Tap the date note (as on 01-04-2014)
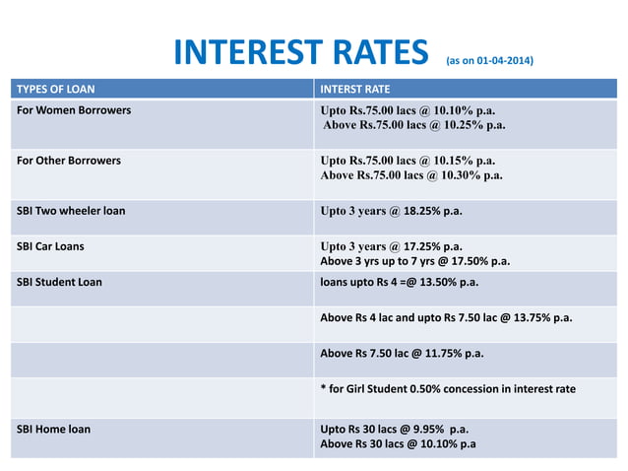(x=490, y=61)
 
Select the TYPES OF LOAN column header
(x=55, y=88)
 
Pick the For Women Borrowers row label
(x=74, y=109)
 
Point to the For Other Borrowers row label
(x=71, y=159)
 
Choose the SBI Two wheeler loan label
(x=71, y=210)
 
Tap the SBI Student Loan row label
(x=60, y=281)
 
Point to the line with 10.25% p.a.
(x=414, y=125)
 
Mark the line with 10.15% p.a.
(x=408, y=160)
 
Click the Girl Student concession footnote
(x=448, y=388)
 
